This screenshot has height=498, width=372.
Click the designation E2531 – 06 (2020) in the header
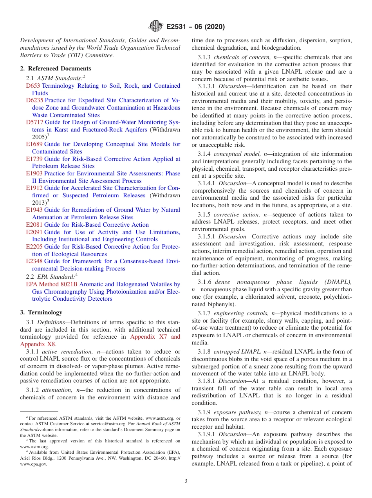[x=195, y=27]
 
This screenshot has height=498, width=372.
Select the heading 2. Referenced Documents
[x=56, y=69]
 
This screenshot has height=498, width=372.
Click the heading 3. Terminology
[x=41, y=312]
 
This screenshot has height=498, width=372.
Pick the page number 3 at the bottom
[x=186, y=481]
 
